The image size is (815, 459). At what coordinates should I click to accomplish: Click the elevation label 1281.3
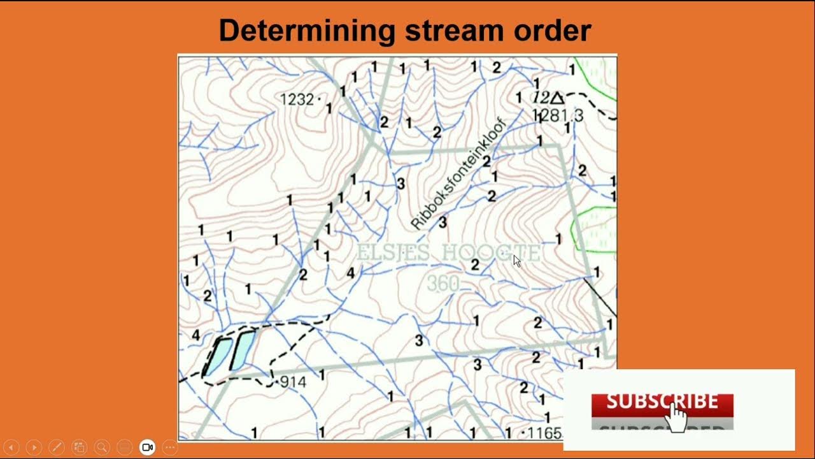coord(558,115)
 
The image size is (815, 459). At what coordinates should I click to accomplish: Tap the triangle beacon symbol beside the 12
coord(557,98)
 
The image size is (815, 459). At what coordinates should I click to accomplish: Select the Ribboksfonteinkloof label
coord(458,173)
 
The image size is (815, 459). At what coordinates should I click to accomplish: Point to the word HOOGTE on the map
coord(491,253)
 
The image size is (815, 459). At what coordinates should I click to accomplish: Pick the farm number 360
coord(443,284)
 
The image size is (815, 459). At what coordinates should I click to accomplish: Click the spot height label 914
coord(293,382)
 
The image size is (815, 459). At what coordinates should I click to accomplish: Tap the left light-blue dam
coord(217,356)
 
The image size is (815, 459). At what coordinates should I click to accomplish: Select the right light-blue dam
coord(243,350)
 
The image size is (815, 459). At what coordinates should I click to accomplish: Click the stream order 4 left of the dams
coord(195,335)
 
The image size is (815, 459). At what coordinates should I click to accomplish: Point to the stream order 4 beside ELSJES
coord(350,273)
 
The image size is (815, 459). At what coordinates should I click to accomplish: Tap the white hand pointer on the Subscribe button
coord(677,417)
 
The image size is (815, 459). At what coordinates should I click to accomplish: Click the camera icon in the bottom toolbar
coord(148,448)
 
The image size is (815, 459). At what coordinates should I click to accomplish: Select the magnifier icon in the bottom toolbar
coord(102,448)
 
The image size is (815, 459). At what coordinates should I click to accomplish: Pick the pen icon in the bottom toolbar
coord(57,448)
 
